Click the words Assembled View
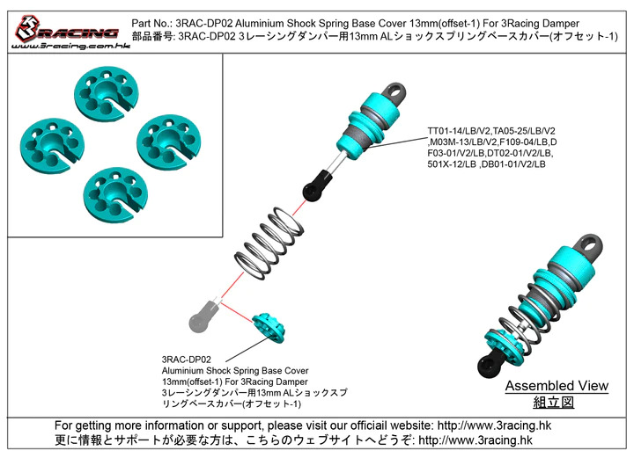pyautogui.click(x=557, y=386)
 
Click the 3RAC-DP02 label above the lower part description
pyautogui.click(x=188, y=359)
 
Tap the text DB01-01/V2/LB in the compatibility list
pyautogui.click(x=512, y=164)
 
